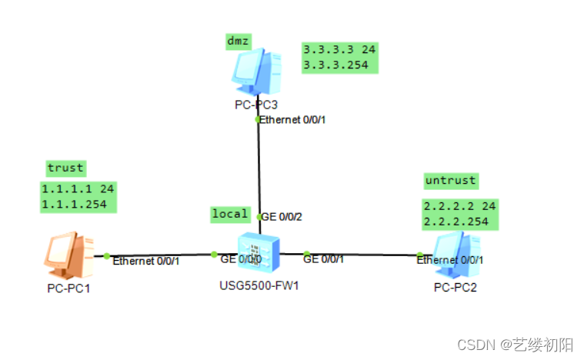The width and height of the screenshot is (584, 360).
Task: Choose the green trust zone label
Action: pyautogui.click(x=65, y=168)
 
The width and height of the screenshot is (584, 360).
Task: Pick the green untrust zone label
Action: pyautogui.click(x=450, y=181)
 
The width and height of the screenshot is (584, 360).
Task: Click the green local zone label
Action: pyautogui.click(x=230, y=214)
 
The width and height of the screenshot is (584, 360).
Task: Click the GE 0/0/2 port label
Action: pyautogui.click(x=282, y=217)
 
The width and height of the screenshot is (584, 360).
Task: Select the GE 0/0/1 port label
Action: pyautogui.click(x=323, y=259)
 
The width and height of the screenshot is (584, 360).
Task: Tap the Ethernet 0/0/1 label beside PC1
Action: pyautogui.click(x=145, y=262)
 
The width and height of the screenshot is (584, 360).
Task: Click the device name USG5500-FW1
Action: pyautogui.click(x=259, y=287)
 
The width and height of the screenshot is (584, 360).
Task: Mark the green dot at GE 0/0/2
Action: pyautogui.click(x=259, y=217)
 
